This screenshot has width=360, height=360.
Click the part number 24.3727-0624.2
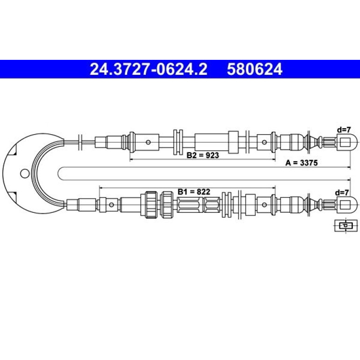(x=149, y=69)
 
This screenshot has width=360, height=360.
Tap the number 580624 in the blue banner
(x=255, y=69)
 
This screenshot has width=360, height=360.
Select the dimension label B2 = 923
(x=203, y=155)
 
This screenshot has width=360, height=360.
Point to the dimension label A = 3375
(x=302, y=163)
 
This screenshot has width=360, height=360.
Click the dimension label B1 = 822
(x=194, y=192)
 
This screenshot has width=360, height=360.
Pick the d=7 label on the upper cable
(x=344, y=130)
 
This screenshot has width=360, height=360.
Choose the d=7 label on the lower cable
(x=342, y=193)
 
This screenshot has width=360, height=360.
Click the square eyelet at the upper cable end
(x=347, y=142)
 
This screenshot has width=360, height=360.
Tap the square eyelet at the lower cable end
(x=347, y=204)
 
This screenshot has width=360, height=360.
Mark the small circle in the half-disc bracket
(x=25, y=173)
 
